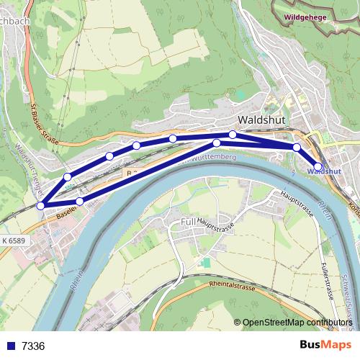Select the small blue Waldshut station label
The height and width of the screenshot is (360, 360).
click(x=324, y=172)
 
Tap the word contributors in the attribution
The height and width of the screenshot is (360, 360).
click(x=327, y=323)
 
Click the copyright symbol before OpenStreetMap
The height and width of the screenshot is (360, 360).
click(x=238, y=323)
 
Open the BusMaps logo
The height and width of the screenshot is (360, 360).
click(x=325, y=345)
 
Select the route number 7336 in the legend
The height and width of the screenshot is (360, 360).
click(x=33, y=346)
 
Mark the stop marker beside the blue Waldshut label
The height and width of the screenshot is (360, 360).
click(x=318, y=167)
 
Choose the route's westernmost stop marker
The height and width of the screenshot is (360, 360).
click(x=41, y=206)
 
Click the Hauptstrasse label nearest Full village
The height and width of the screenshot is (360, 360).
click(x=217, y=228)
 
